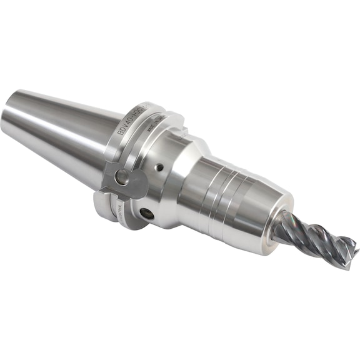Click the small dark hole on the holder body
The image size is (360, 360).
pyautogui.click(x=160, y=167)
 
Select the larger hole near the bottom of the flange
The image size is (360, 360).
pyautogui.click(x=148, y=214)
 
